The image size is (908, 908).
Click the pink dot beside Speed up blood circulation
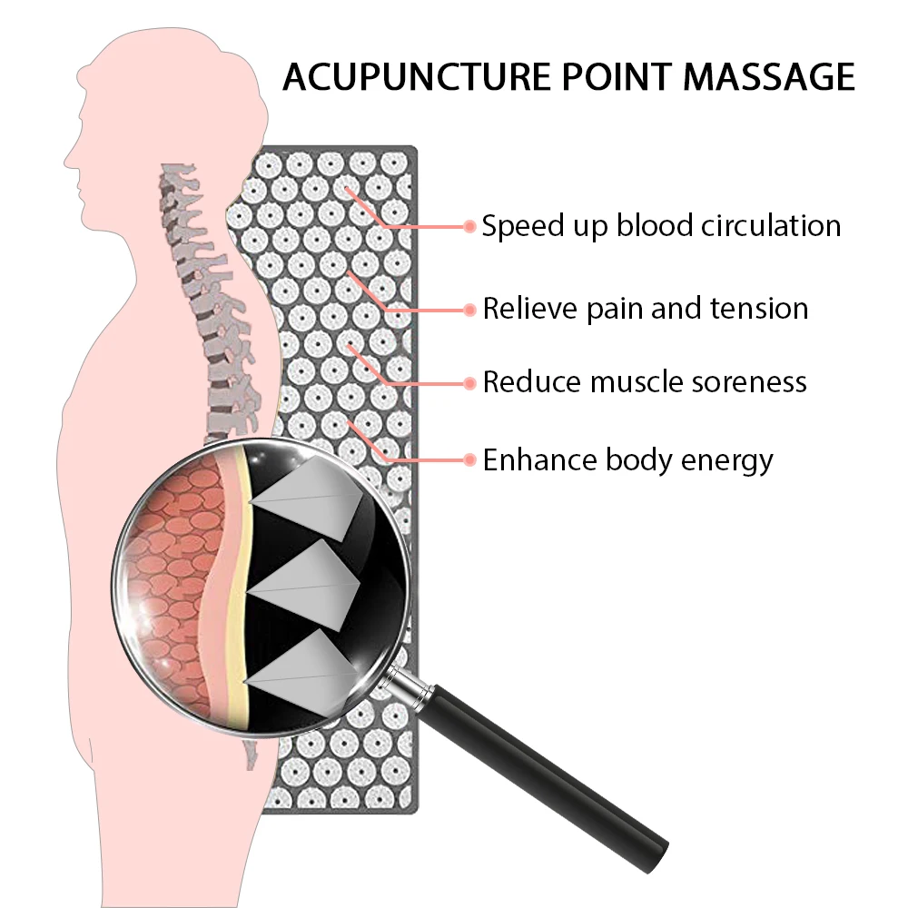pos(469,226)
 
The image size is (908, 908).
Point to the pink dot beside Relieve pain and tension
pos(469,310)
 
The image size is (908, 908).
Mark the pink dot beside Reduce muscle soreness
pos(469,382)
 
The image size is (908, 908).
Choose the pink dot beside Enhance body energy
pos(469,460)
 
